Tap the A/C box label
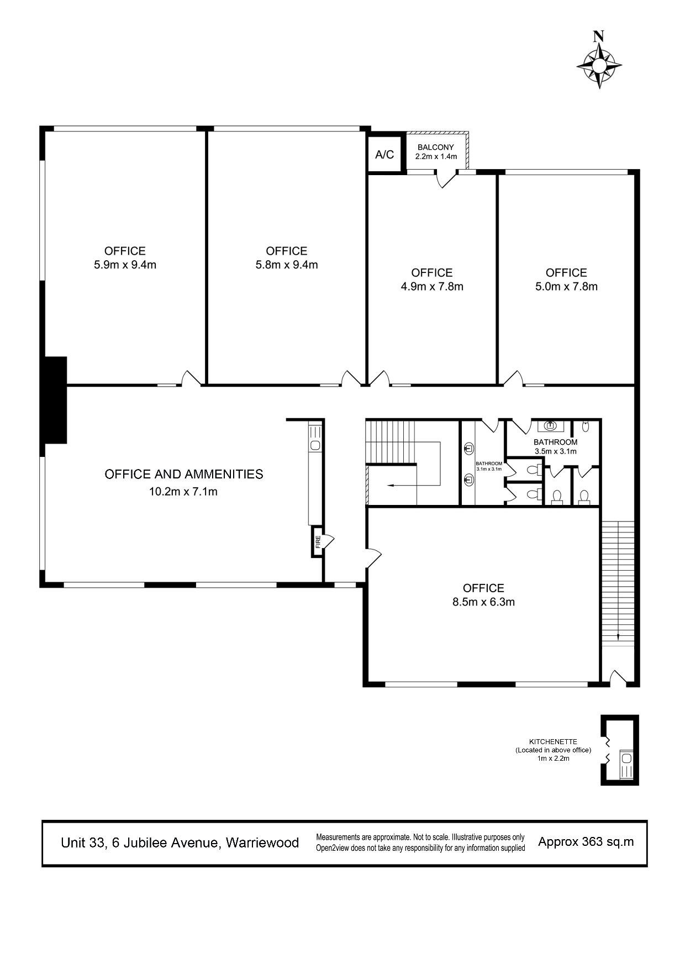click(384, 155)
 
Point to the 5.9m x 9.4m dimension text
click(125, 265)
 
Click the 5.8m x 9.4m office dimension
click(286, 265)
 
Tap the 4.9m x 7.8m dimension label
click(432, 286)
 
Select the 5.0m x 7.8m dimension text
click(566, 286)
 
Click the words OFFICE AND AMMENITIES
click(184, 474)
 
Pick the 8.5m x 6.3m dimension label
click(483, 602)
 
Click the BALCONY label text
click(436, 148)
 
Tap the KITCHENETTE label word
click(553, 742)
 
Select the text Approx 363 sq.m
click(586, 842)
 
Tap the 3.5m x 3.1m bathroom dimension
click(555, 451)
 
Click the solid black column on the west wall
click(55, 400)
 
